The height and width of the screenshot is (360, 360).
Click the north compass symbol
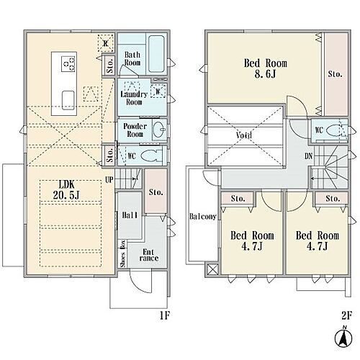tap(343, 338)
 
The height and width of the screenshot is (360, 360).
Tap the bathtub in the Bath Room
tap(156, 54)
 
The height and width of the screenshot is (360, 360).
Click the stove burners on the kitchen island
tap(68, 63)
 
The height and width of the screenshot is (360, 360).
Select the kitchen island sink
tap(68, 100)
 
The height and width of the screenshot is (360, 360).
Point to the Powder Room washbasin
tap(160, 130)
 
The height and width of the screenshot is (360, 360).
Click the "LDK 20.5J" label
tap(66, 190)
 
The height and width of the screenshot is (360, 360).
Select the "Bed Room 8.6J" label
tap(266, 68)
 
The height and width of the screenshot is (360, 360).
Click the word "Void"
tap(244, 135)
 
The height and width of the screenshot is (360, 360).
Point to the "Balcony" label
tap(203, 217)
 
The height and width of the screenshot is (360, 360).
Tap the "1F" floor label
tap(165, 315)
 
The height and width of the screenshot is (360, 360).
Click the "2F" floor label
tap(346, 315)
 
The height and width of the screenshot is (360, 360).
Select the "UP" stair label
tap(109, 180)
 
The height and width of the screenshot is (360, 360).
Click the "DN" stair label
tap(309, 156)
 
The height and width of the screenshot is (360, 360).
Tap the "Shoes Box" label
tap(123, 253)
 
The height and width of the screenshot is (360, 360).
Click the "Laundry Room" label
tap(134, 98)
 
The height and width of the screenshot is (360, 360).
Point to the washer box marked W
tap(158, 91)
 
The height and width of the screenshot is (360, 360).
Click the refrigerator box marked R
tap(105, 43)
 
